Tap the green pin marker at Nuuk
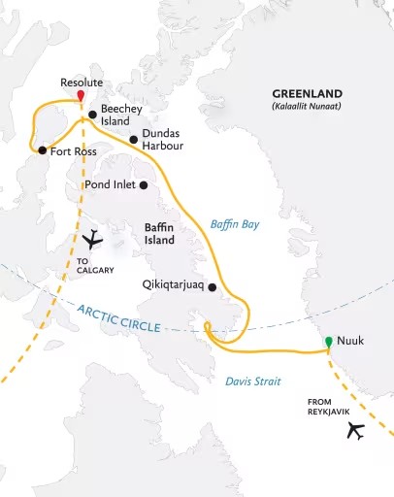coord(329,342)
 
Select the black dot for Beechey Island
coord(92,116)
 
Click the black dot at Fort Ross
coord(42,150)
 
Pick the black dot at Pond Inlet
coord(143,184)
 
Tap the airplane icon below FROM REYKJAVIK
coord(355,430)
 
